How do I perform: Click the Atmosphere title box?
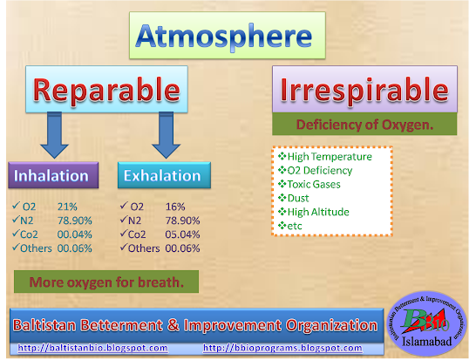(x=227, y=35)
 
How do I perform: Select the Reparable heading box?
(x=106, y=89)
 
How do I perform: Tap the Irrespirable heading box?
(x=364, y=89)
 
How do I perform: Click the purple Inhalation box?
(x=53, y=175)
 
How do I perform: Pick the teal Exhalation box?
(x=164, y=175)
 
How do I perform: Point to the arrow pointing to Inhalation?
(x=55, y=135)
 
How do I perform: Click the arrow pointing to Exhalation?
(x=166, y=135)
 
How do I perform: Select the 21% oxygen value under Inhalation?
(x=67, y=207)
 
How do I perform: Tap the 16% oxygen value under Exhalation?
(x=175, y=207)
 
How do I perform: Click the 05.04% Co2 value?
(x=182, y=234)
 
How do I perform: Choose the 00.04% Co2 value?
(x=75, y=234)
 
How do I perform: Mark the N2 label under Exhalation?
(x=135, y=221)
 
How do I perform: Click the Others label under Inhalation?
(x=36, y=248)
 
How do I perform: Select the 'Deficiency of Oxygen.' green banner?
(x=364, y=124)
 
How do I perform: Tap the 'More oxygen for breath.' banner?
(x=106, y=282)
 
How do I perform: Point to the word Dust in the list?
(x=298, y=198)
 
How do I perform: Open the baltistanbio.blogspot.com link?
(x=92, y=348)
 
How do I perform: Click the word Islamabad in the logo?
(x=427, y=342)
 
